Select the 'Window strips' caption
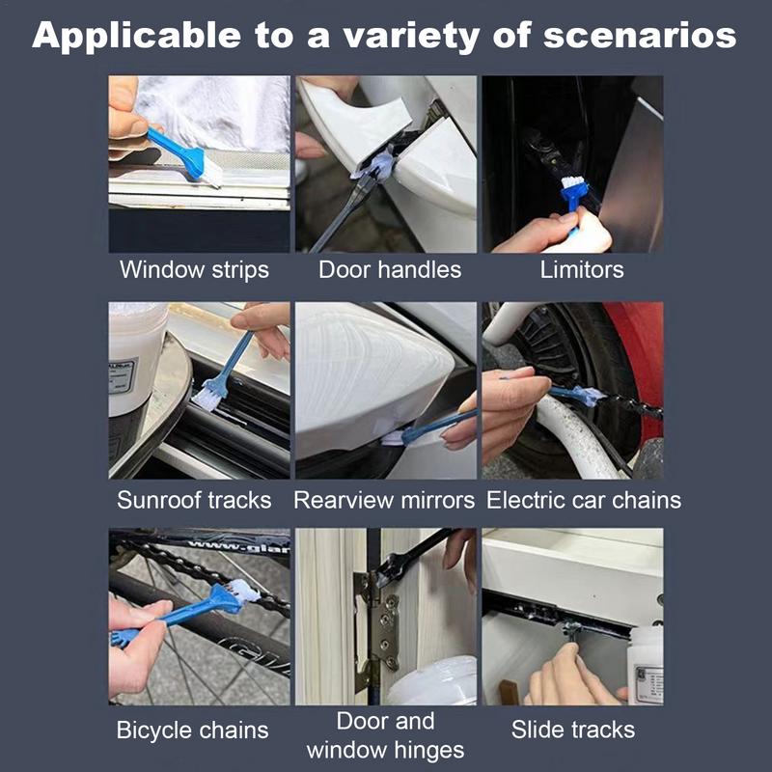point(194,269)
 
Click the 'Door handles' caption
point(390,269)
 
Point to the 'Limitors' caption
point(582,269)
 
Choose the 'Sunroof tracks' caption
point(194,500)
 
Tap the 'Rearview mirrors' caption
point(384,500)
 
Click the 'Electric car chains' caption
point(584,500)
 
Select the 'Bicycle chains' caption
point(193,730)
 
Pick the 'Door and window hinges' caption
point(385,735)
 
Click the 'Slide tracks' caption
point(573,730)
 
